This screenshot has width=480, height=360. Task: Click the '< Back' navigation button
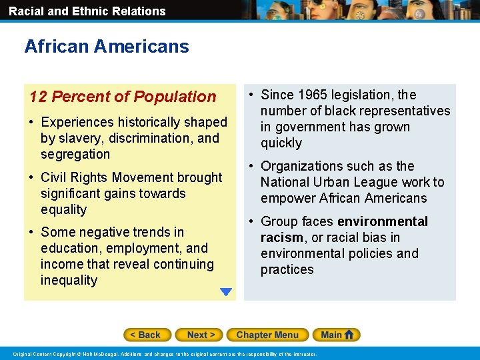point(147,335)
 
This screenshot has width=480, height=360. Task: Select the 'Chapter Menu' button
point(267,335)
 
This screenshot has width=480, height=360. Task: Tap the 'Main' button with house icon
point(338,335)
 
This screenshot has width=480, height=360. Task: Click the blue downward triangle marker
point(226,291)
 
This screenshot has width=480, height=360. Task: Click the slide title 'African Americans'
point(107,47)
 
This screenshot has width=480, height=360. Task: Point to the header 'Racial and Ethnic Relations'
point(87,11)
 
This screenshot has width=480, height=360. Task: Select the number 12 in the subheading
point(38,97)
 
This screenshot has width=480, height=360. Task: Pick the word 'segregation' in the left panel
point(75,154)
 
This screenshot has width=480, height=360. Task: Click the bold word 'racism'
point(281,237)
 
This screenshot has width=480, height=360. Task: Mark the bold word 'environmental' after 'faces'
point(383,221)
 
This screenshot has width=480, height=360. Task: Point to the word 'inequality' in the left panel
point(69,280)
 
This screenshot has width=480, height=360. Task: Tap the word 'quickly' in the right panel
point(281,143)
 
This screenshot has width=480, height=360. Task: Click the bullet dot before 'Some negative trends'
point(32,233)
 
